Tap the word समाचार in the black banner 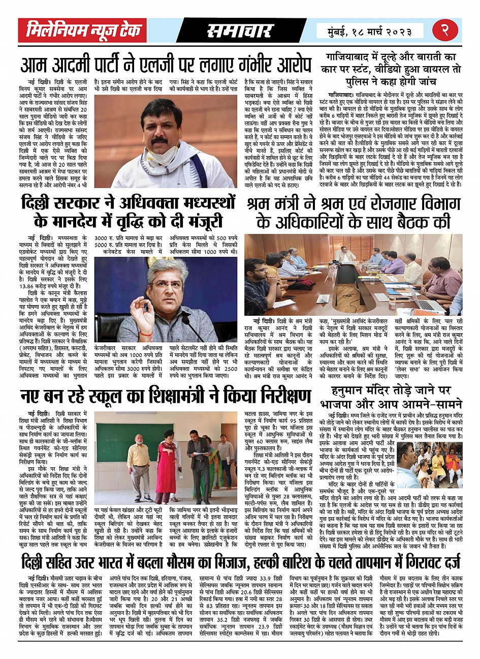pos(240,31)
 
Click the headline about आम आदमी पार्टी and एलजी pos(166,66)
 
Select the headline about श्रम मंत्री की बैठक pos(354,213)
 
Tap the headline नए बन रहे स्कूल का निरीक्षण pos(166,396)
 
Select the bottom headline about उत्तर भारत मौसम pos(240,563)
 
